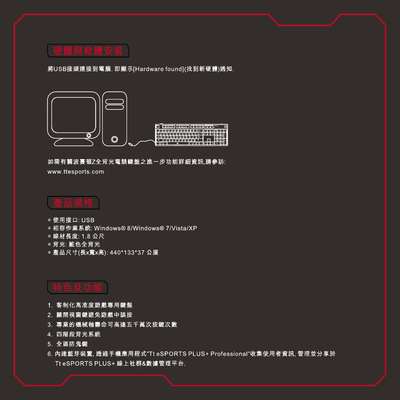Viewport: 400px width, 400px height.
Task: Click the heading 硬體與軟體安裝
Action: click(89, 51)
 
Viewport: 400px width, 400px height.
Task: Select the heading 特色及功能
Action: click(78, 288)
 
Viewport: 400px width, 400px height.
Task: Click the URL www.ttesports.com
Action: click(76, 172)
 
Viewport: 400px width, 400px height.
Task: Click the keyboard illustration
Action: click(191, 135)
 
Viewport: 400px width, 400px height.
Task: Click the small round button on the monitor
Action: click(89, 135)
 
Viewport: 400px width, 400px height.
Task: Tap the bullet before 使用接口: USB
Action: click(49, 221)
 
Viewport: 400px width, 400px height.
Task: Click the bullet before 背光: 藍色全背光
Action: click(49, 244)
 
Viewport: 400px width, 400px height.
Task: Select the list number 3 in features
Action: click(49, 324)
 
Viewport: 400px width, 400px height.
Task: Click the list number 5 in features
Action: click(49, 344)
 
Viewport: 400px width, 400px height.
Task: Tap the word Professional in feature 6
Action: click(229, 354)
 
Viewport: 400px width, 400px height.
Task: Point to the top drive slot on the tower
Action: click(115, 101)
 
